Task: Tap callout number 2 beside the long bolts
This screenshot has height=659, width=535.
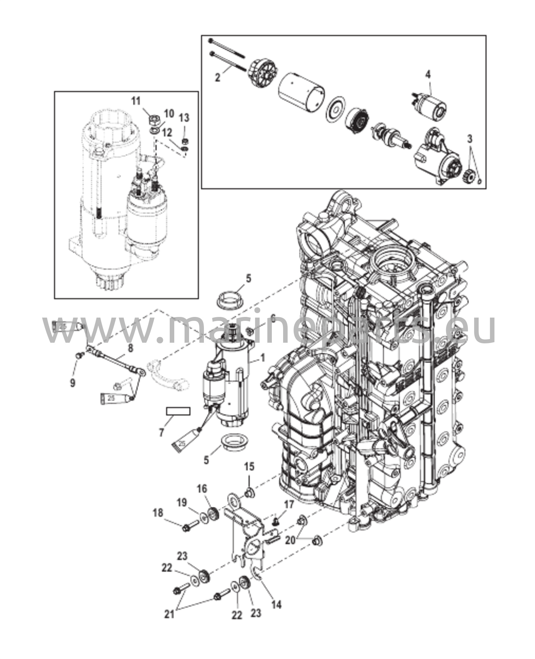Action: (218, 78)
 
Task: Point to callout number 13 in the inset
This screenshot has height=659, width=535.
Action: (184, 118)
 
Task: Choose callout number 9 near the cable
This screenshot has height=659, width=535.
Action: (73, 383)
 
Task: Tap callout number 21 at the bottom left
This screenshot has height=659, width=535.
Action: (169, 623)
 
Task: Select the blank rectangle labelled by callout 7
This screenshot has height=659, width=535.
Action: (178, 411)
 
